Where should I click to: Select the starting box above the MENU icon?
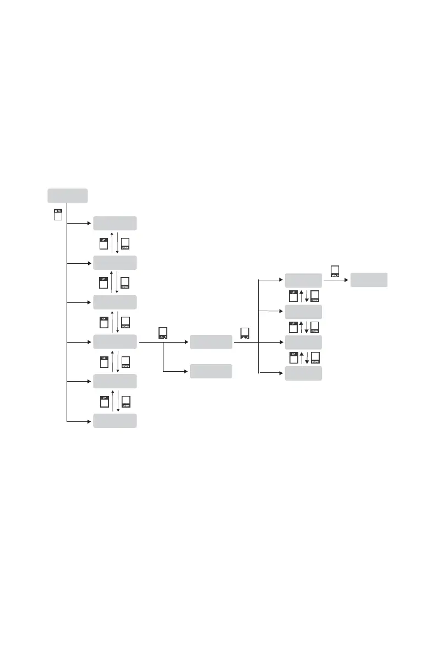point(67,196)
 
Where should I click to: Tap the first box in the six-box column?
point(114,223)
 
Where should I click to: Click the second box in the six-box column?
point(114,263)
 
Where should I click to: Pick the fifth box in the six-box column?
point(114,381)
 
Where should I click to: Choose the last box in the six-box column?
point(114,421)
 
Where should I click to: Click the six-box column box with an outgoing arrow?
point(114,341)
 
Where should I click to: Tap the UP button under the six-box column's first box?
point(103,243)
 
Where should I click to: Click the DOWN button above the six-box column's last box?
point(125,402)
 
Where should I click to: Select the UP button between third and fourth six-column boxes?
point(103,323)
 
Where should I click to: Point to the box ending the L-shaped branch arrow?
point(211,371)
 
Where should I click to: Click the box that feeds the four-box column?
point(211,341)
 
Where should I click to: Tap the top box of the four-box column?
point(303,280)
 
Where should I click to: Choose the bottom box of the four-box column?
point(303,374)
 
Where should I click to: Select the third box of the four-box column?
point(303,342)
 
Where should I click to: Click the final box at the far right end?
point(369,280)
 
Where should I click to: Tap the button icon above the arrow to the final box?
point(335,270)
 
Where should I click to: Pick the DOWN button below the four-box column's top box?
point(315,296)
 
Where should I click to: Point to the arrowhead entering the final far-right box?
point(348,280)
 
